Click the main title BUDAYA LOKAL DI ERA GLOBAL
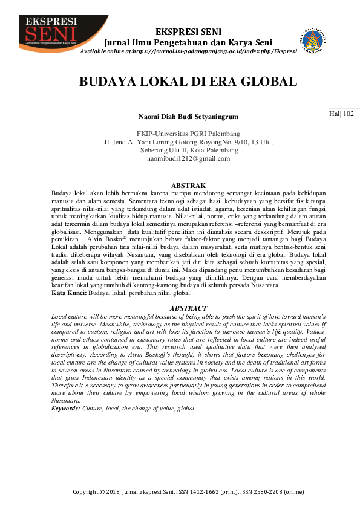coord(188,82)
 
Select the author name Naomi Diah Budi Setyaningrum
coord(188,116)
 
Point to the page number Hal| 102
coord(341,113)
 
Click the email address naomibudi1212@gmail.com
coord(188,159)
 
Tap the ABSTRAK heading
coord(188,185)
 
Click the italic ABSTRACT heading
coord(188,308)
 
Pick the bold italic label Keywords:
coord(65,409)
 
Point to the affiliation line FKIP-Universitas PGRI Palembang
coord(188,134)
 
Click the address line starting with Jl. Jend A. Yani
coord(188,142)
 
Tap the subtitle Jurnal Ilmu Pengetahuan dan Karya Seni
coord(188,42)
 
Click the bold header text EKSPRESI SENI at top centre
coord(188,31)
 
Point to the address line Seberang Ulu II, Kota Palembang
coord(188,151)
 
